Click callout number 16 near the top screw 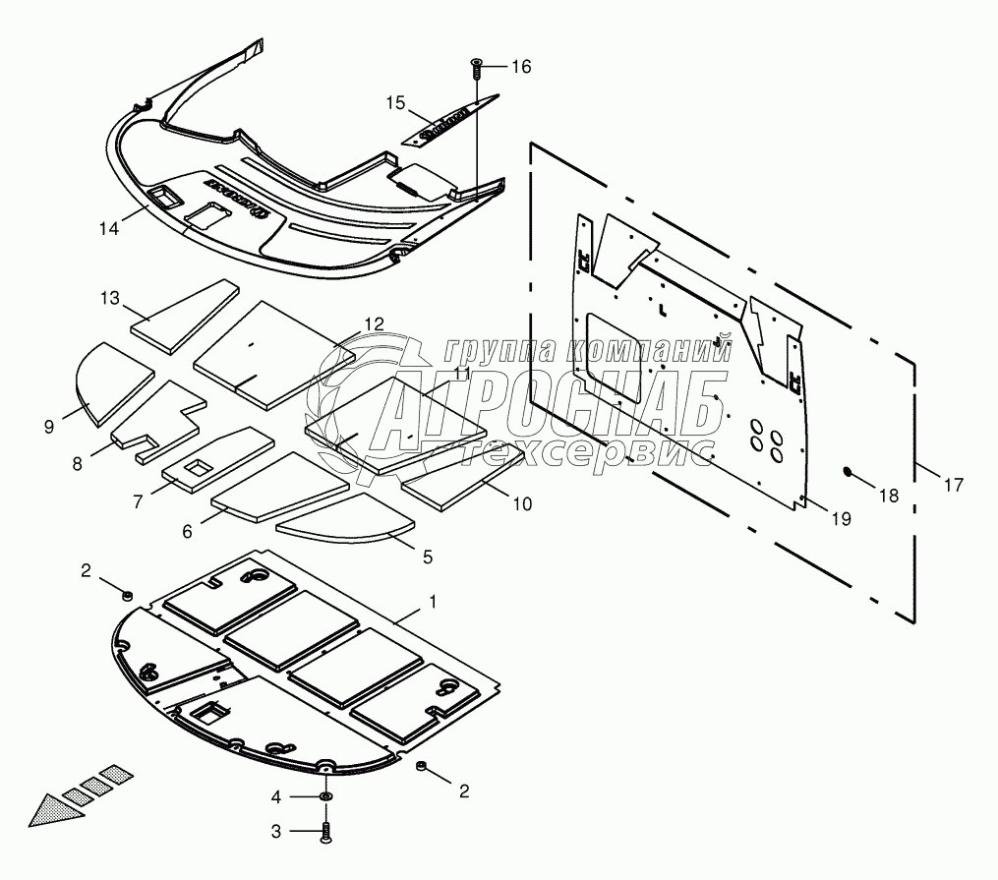pos(520,67)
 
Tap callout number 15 pos(395,102)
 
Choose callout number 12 pos(374,323)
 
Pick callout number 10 pos(522,503)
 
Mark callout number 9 pos(49,426)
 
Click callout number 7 pos(138,500)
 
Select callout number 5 pos(427,557)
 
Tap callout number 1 pos(430,599)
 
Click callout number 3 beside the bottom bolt pos(277,831)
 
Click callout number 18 pos(888,496)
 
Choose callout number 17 pos(953,484)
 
